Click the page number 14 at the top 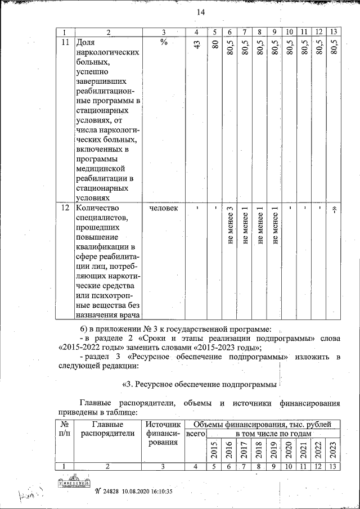200,12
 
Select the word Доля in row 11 85,43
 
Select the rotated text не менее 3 229,225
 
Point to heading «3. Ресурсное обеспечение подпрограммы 199,385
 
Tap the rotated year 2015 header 214,450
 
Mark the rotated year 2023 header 333,450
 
